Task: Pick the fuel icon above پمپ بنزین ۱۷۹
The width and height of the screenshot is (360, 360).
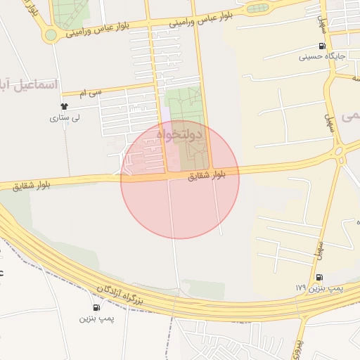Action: point(319,277)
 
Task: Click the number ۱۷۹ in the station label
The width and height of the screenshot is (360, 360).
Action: point(300,288)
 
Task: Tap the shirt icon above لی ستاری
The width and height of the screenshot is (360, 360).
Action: point(64,107)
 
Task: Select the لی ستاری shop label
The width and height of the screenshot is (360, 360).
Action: point(64,118)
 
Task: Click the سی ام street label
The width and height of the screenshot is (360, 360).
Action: point(91,92)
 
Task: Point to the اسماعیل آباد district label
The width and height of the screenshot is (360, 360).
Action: point(32,85)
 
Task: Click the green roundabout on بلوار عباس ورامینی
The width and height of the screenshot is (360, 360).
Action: point(51,34)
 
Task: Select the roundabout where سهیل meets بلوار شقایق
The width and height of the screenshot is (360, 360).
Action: point(340,150)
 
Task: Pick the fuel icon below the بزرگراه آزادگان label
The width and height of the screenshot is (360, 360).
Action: point(96,307)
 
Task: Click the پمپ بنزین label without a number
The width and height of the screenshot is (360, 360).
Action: point(96,319)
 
